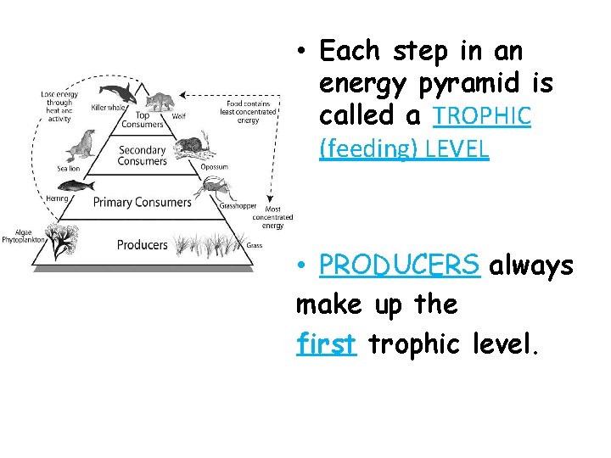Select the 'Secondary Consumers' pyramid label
coord(142,156)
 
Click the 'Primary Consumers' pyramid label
coord(142,202)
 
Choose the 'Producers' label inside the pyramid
coord(142,245)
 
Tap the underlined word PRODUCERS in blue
coord(400,266)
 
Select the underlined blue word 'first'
coord(327,343)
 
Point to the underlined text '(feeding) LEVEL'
coord(404,150)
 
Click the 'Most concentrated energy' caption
coord(272,217)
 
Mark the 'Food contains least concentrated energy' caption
coord(248,111)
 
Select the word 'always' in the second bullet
coord(531,266)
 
